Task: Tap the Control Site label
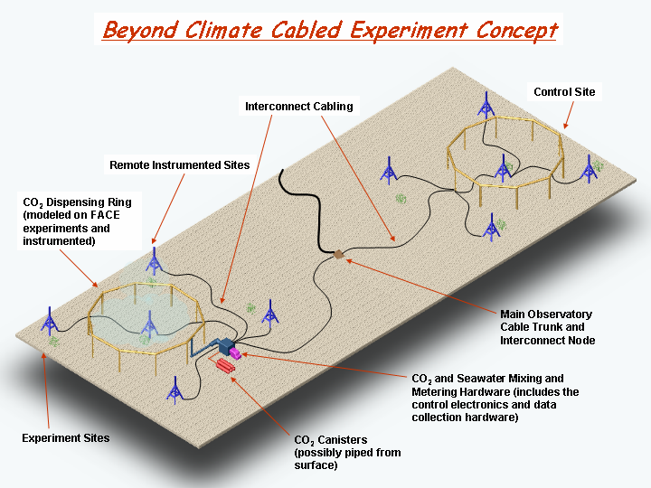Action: coord(564,91)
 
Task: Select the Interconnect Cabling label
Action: coord(299,107)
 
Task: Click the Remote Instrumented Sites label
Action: coord(179,164)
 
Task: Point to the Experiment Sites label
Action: coord(66,437)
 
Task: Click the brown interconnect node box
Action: coord(339,254)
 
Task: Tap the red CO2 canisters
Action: coord(225,366)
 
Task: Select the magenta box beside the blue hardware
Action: coord(235,353)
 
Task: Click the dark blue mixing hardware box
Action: coord(224,346)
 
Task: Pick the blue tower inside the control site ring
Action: coord(503,168)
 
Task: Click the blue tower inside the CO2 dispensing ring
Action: coord(148,324)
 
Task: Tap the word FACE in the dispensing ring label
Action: coord(105,215)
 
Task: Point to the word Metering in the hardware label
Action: coord(436,391)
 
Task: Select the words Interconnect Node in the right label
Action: coord(548,341)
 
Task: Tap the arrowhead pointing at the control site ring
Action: coord(565,126)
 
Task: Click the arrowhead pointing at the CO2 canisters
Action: coord(234,380)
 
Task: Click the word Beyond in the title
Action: coord(140,31)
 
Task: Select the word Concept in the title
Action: coord(516,31)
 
